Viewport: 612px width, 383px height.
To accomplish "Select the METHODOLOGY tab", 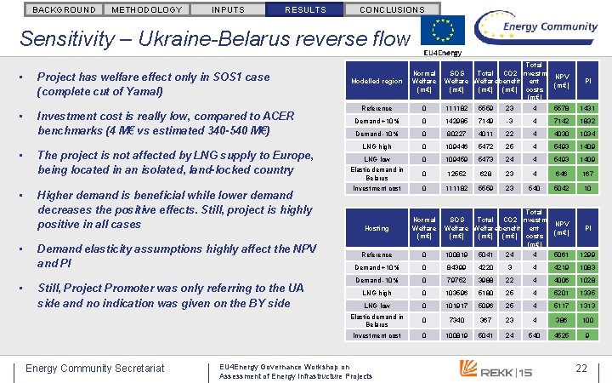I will [146, 9].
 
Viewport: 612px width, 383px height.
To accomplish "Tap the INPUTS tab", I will [227, 9].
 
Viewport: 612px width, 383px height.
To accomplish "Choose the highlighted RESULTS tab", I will [304, 9].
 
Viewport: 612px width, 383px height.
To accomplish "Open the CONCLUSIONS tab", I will [392, 9].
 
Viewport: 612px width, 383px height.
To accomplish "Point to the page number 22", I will [581, 368].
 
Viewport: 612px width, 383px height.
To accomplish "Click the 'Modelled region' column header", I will [377, 82].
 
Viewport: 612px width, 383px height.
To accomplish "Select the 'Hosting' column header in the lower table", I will [377, 228].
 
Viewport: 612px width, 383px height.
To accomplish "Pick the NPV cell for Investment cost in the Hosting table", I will [561, 335].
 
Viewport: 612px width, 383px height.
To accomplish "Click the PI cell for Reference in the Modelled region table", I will [587, 108].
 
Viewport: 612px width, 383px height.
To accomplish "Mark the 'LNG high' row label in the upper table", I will [377, 146].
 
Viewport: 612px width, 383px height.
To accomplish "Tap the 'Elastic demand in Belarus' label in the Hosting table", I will [377, 320].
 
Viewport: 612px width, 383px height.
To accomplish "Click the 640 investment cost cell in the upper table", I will [535, 189].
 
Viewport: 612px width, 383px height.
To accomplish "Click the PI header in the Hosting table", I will [587, 228].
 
